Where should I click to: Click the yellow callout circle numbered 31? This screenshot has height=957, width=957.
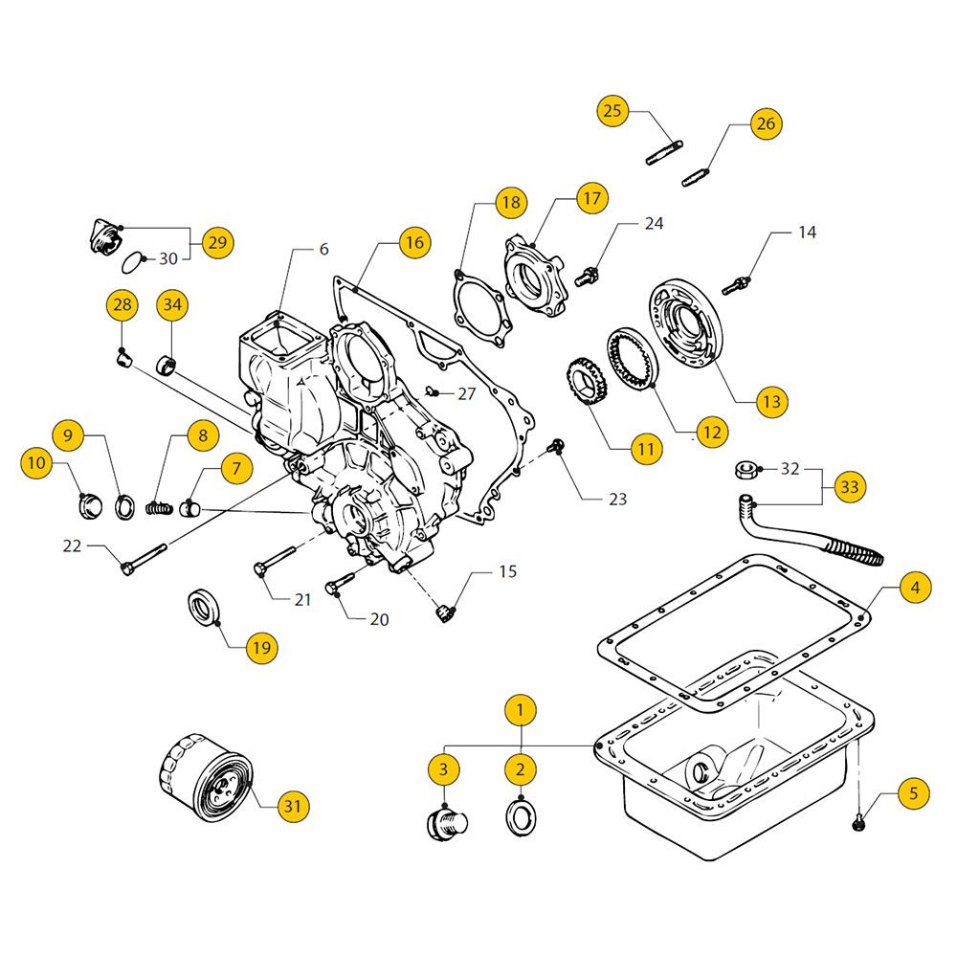(292, 807)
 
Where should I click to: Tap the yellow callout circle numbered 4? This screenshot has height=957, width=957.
(915, 588)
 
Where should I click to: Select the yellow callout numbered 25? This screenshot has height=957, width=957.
(612, 111)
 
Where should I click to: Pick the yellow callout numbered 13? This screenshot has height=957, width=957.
(770, 402)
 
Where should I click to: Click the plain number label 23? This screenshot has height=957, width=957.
(617, 499)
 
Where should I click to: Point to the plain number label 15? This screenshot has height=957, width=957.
(507, 571)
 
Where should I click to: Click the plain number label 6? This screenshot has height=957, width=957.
(323, 249)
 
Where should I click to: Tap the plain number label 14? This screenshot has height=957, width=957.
(808, 233)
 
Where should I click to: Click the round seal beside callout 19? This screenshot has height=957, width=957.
(204, 608)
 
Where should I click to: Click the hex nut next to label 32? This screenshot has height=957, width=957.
(745, 469)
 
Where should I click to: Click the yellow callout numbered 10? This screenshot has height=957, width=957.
(35, 464)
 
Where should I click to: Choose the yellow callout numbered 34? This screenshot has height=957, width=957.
(172, 305)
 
